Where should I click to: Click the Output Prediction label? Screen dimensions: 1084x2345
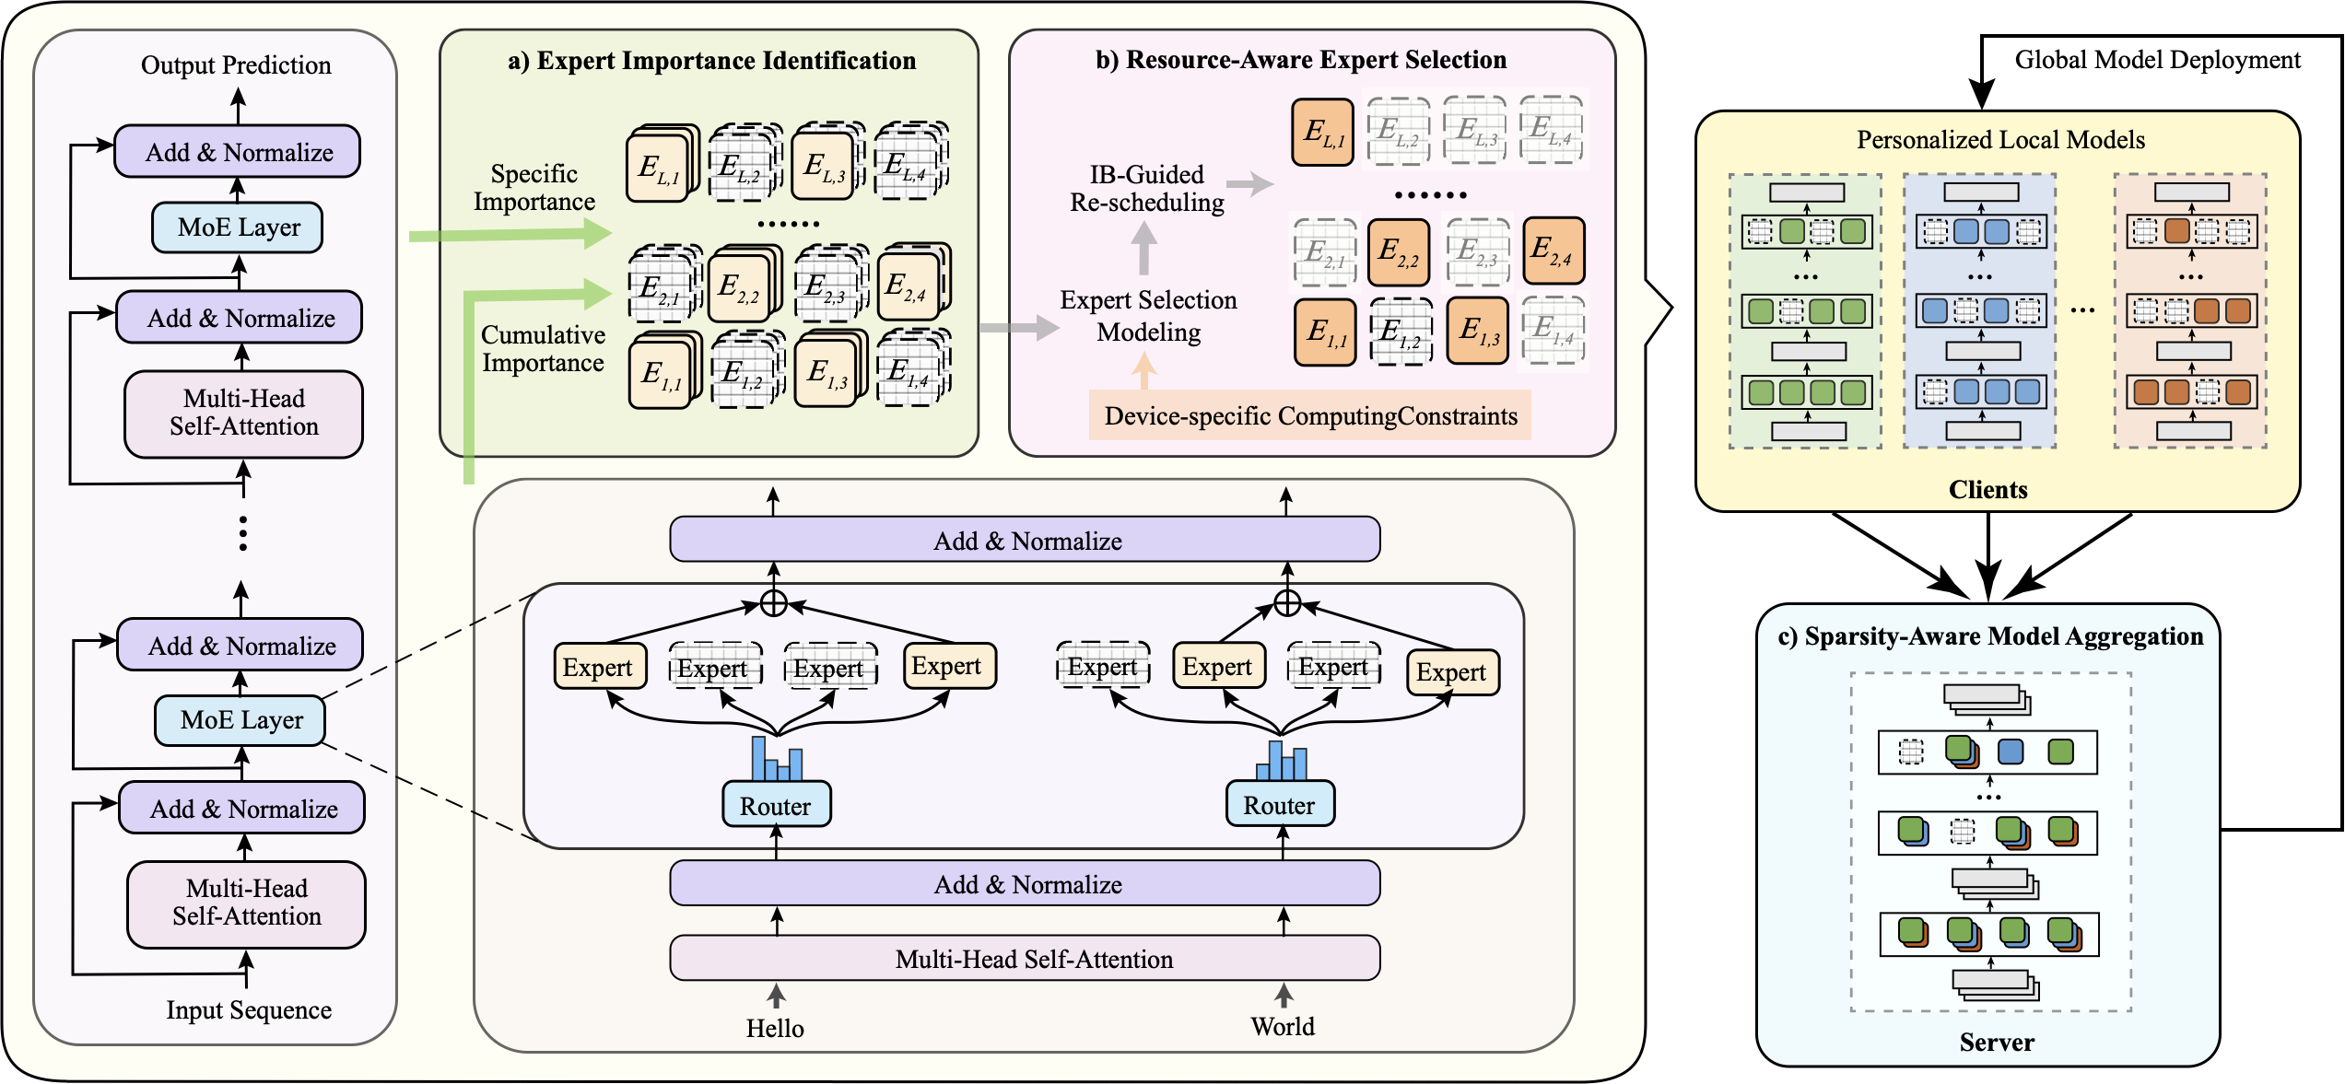coord(236,65)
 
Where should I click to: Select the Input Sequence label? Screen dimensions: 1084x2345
coord(249,1010)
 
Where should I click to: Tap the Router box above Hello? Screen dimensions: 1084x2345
coord(776,806)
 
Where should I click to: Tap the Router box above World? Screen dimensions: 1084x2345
coord(1279,805)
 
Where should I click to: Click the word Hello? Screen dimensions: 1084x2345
coord(775,1028)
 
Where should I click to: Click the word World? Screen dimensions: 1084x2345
coord(1282,1026)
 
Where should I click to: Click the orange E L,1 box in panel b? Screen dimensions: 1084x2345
coord(1323,133)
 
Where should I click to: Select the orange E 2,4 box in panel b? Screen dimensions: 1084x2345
coord(1553,250)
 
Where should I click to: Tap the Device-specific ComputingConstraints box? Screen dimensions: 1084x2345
coord(1309,415)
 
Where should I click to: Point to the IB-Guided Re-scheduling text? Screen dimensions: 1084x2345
coord(1147,189)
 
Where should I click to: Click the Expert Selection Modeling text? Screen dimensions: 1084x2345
coord(1148,316)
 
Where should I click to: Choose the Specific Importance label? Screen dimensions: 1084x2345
coord(534,188)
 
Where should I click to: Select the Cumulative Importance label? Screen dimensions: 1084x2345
coord(543,349)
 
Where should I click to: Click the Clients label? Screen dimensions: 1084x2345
coord(1987,489)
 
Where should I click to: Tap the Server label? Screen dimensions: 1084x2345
coord(1996,1042)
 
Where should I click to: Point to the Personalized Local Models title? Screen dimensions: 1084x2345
coord(2000,140)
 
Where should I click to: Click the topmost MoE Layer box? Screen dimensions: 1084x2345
coord(238,227)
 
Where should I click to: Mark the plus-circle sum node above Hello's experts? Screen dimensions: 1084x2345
coord(774,603)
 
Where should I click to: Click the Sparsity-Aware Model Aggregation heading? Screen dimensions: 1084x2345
coord(1990,636)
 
